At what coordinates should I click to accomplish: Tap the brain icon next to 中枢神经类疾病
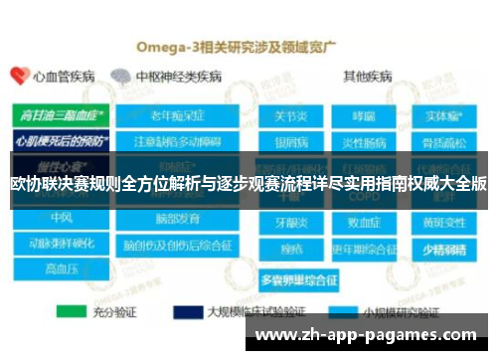tap(121, 76)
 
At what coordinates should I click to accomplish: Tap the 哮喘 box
tap(365, 114)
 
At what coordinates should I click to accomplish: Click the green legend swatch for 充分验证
tap(72, 310)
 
